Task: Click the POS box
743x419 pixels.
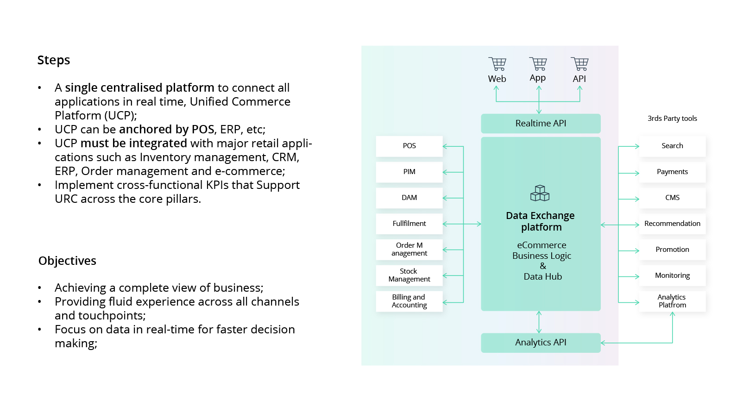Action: [409, 146]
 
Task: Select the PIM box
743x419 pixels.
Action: [409, 172]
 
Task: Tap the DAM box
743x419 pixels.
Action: [409, 198]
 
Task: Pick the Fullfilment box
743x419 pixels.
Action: [409, 224]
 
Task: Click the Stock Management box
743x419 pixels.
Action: [409, 275]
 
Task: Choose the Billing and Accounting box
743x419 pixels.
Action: [409, 301]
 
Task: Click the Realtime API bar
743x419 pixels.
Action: [541, 124]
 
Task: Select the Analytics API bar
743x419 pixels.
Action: [541, 343]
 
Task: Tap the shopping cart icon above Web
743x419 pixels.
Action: [497, 64]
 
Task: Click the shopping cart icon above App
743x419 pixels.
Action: [538, 64]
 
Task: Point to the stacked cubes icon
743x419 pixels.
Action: [540, 193]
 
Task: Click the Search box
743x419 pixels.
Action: [672, 146]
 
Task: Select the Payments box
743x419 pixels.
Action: [672, 172]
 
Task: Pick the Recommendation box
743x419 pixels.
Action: [672, 224]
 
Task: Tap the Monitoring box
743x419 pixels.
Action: [672, 275]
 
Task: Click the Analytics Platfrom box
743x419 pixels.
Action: [672, 301]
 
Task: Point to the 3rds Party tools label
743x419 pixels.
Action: [672, 119]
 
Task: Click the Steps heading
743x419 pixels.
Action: [54, 60]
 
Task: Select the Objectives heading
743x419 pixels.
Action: [67, 261]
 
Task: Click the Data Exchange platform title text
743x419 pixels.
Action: [541, 221]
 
